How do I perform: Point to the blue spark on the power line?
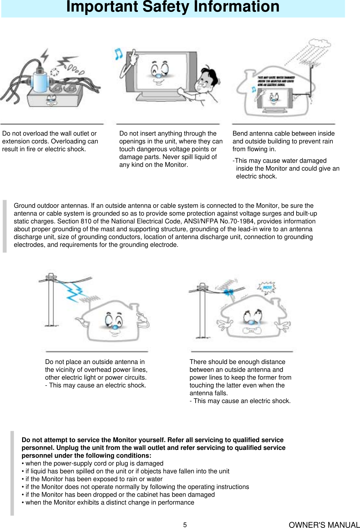(x=230, y=292)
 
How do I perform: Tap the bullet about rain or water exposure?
(x=92, y=479)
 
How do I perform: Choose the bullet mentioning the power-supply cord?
(x=92, y=463)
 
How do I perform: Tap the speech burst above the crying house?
(x=267, y=287)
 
